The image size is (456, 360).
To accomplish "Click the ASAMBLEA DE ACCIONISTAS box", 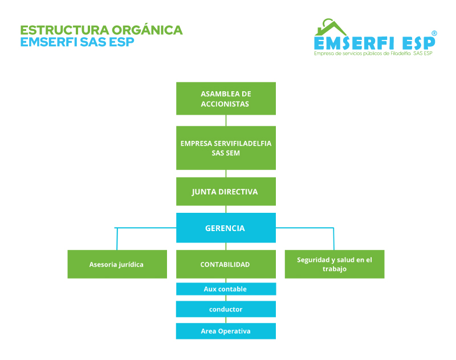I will coord(226,99).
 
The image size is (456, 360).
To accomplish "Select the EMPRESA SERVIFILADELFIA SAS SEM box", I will coord(226,148).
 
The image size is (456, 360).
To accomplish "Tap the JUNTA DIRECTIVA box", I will coord(226,192).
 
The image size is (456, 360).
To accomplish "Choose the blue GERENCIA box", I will coord(226,228).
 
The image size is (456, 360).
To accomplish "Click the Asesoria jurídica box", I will coord(117,264).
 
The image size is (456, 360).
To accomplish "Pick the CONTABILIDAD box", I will coord(226,264).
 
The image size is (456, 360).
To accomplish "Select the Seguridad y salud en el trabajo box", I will coord(334,264).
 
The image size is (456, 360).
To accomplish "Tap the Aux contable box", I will coord(226,289).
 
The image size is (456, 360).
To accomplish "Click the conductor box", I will coord(226,309).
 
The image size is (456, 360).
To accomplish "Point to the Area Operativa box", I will coord(226,331).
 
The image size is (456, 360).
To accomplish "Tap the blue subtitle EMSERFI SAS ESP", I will coord(77,42).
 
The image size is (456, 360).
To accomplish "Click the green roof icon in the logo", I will coord(331,27).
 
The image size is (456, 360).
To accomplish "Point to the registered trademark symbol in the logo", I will coord(434,34).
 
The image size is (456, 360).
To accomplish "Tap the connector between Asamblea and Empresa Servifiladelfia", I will coord(226,120).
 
